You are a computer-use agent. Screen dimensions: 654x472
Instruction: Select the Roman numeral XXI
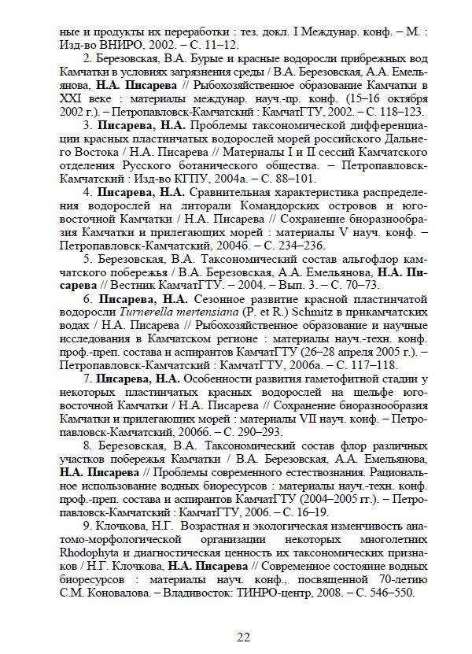click(x=72, y=98)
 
